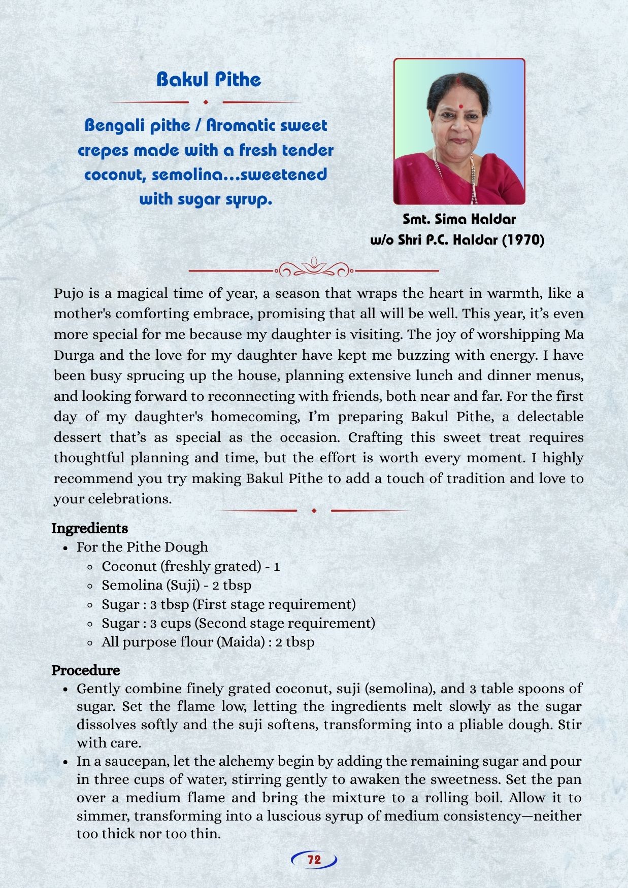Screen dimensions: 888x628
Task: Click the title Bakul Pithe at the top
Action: [x=209, y=80]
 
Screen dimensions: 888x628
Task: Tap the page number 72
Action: [x=314, y=860]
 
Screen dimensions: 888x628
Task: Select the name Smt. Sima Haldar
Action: [x=459, y=219]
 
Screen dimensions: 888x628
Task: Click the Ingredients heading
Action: [x=89, y=528]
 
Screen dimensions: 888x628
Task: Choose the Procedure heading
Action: [x=85, y=670]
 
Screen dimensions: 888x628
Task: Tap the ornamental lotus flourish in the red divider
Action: [x=314, y=267]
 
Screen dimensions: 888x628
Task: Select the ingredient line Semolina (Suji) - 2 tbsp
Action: [x=176, y=585]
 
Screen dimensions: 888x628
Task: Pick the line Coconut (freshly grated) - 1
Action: [x=190, y=566]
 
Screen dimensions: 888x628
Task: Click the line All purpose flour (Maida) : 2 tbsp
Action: [x=208, y=642]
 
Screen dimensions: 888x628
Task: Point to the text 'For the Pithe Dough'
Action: [x=142, y=547]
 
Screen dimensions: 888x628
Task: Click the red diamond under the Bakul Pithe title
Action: [x=206, y=102]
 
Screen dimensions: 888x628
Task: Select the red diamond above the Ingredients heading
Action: [x=314, y=510]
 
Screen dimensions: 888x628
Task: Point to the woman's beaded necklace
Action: [x=472, y=178]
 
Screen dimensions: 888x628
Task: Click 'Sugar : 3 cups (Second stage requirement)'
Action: [x=238, y=623]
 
